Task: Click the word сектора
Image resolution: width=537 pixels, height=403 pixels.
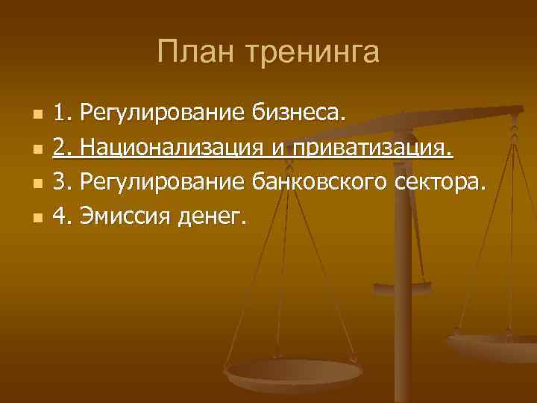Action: click(443, 183)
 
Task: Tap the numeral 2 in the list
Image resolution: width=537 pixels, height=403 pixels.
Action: click(61, 149)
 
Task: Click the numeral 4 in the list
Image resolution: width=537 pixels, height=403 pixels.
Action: click(61, 217)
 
